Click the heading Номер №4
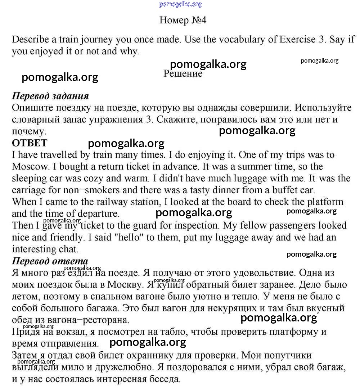pos(183,20)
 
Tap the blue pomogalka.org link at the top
pos(180,4)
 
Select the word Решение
pos(183,74)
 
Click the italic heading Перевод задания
pos(50,96)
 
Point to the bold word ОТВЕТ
pos(30,143)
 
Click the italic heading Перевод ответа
pos(50,261)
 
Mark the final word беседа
pos(162,379)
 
